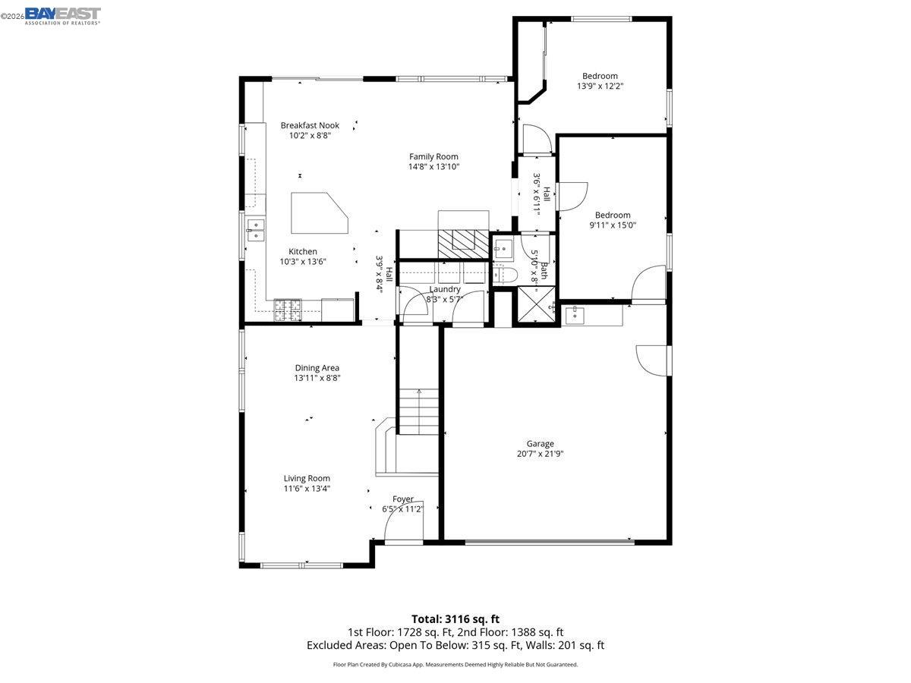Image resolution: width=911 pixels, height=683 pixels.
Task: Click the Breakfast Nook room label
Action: (x=310, y=125)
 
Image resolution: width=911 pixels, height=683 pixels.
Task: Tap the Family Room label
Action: (x=433, y=156)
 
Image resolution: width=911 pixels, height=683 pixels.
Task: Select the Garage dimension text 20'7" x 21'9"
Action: (x=540, y=455)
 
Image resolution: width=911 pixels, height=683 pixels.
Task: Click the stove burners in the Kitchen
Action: (x=288, y=309)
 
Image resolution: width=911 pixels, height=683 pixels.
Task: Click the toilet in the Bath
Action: (x=506, y=274)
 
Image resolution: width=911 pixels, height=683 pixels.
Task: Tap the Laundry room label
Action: (x=445, y=289)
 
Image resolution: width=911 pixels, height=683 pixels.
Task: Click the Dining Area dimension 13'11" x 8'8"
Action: (x=317, y=378)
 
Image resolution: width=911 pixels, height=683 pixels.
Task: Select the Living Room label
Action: (x=307, y=478)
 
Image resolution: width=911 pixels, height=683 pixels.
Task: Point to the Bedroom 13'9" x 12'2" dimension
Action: (x=600, y=87)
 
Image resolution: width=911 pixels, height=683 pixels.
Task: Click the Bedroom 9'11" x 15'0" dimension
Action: (x=613, y=225)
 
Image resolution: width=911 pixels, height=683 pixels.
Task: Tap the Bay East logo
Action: (x=62, y=15)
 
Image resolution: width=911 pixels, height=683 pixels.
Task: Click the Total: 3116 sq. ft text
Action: (x=455, y=619)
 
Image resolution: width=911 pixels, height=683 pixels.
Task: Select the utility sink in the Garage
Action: (x=574, y=313)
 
